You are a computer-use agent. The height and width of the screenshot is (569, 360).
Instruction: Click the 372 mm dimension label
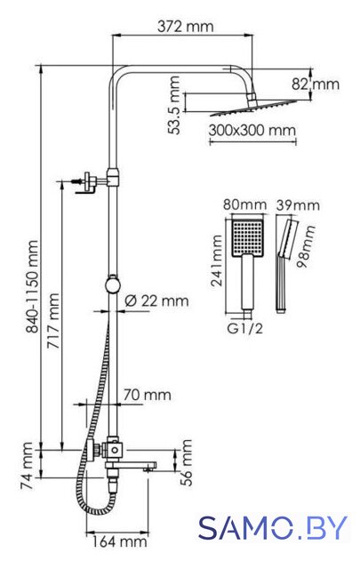pos(185,27)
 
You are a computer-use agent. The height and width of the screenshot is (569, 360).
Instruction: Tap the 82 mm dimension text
pos(316,84)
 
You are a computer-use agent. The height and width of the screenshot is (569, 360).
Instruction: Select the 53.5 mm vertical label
pos(174,105)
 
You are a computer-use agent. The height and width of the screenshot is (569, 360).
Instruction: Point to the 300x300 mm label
pos(252,130)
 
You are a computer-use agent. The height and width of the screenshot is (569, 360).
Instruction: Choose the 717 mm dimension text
pos(53,321)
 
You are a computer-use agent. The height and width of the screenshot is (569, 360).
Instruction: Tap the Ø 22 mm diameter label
pos(156,301)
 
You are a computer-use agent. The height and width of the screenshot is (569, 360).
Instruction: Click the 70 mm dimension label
pos(147,395)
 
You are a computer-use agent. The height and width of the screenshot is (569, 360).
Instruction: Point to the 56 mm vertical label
pos(186,462)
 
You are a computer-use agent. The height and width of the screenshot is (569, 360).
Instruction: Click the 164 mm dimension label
pos(119,542)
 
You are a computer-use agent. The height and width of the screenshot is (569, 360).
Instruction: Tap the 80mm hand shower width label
pos(244,204)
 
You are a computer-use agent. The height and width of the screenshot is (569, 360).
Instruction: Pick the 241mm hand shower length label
pos(217,260)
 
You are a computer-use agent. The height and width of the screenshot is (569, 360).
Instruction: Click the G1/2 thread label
pos(244,329)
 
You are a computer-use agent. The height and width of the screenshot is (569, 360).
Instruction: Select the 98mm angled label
pos(306,246)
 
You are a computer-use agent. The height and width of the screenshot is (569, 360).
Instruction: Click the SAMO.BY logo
pos(273,528)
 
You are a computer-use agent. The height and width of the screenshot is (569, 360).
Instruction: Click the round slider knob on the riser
pos(113,284)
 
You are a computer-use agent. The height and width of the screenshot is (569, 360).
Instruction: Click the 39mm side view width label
pos(298,205)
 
